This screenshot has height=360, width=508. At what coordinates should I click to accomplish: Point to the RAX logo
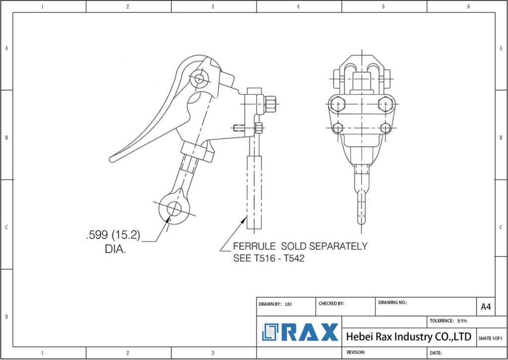tap(300, 332)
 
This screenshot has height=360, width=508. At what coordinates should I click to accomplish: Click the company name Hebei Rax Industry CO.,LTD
tap(408, 337)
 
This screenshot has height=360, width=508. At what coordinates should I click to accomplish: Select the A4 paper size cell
tap(486, 307)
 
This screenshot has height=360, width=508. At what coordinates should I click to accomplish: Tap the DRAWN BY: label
tap(270, 303)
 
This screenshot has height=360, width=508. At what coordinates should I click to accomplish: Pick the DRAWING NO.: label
tap(392, 302)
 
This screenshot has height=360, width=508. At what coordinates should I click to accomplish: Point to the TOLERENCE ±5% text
tap(448, 321)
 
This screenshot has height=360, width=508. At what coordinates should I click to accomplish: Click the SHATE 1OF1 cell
tap(490, 338)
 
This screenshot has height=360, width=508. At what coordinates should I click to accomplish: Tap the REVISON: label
tap(355, 352)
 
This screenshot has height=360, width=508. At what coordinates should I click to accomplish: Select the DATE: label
tap(436, 353)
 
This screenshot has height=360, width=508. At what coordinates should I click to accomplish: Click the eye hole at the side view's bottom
tap(174, 209)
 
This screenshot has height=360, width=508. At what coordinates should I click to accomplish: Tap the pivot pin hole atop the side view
tap(199, 78)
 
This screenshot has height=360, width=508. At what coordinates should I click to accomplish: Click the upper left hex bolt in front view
tap(338, 104)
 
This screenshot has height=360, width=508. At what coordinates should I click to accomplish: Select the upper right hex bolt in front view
tap(385, 104)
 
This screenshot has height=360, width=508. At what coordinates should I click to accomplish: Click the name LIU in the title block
tap(288, 303)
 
